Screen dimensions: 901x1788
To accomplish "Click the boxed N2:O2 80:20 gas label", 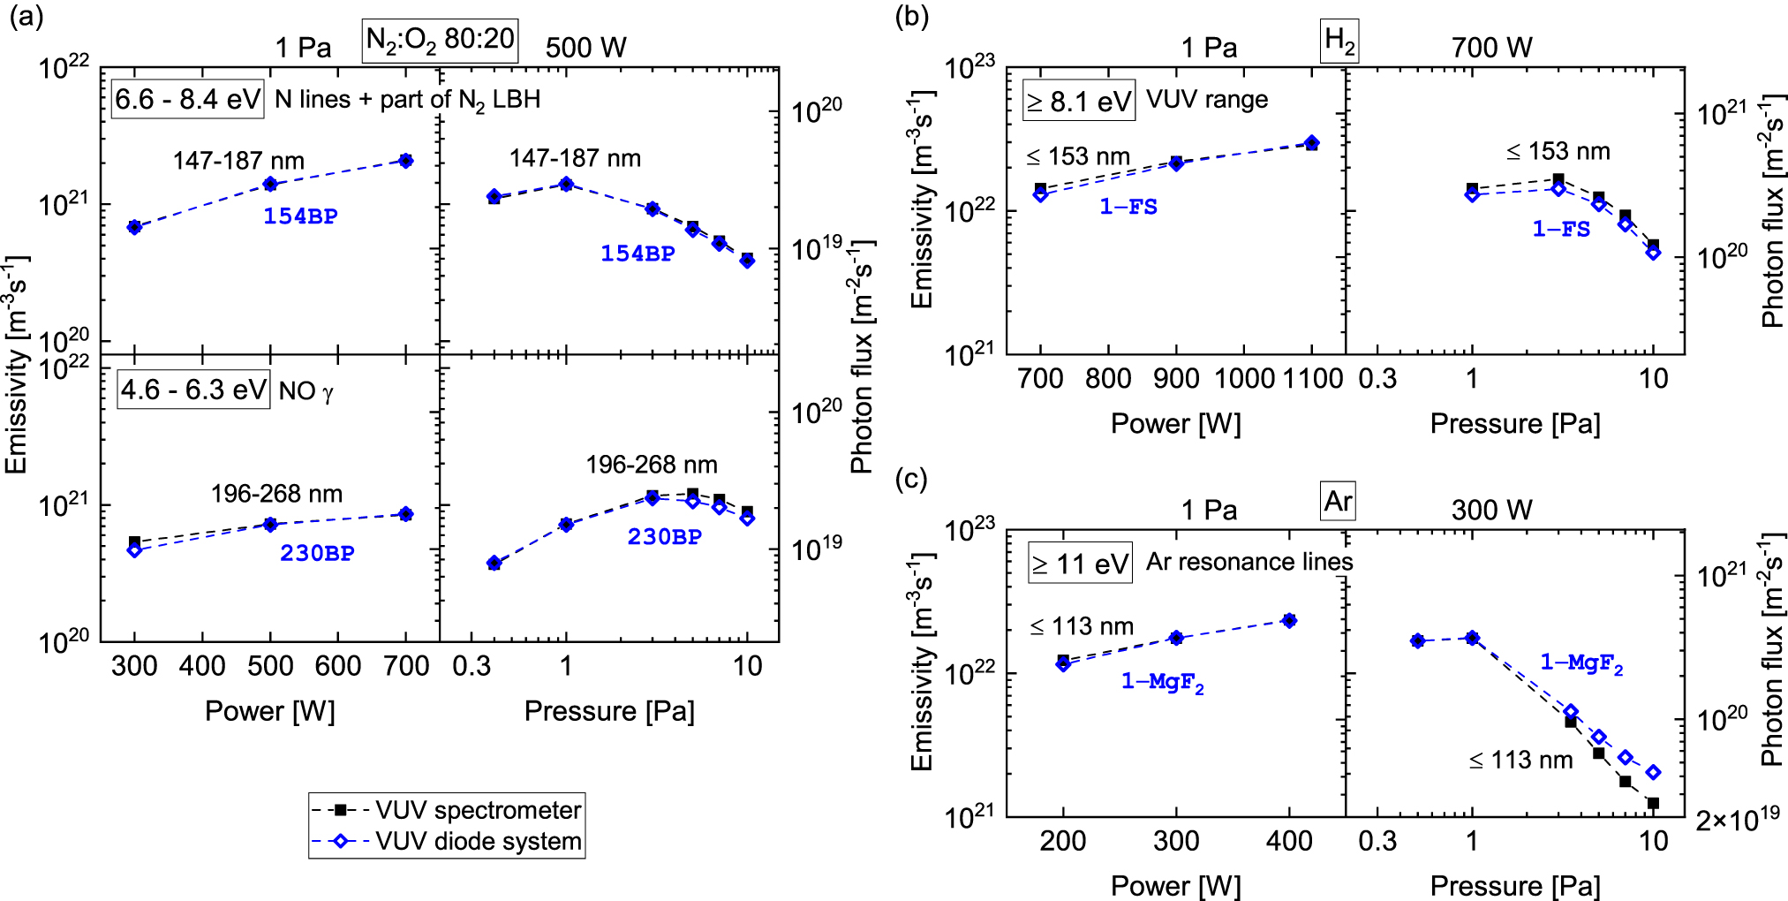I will point(440,41).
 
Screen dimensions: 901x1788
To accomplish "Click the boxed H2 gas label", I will point(1339,41).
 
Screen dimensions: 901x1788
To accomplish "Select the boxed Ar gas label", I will point(1338,501).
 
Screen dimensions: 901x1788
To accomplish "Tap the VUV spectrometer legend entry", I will point(447,809).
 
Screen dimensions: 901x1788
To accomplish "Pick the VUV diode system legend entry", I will point(447,841).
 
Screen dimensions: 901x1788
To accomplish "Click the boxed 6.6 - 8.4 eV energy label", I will point(188,99).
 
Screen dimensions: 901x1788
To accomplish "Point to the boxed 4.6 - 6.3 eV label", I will point(193,390).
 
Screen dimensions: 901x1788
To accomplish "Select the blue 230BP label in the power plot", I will point(317,554).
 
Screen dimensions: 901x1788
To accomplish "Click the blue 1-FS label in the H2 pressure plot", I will point(1561,230).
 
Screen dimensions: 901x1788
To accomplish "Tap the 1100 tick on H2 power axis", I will point(1312,379).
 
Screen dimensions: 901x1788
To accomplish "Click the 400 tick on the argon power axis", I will point(1289,840).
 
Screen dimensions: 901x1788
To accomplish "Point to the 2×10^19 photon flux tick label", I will point(1737,820).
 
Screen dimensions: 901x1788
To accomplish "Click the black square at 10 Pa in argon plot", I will point(1653,803).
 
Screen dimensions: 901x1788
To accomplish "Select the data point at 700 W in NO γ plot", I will point(406,514).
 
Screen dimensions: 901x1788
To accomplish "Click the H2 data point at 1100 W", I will point(1312,143).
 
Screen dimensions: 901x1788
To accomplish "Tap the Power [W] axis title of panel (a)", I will point(269,711).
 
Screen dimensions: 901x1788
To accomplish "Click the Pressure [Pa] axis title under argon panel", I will point(1514,886).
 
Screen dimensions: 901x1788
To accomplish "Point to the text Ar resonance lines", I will point(1249,563).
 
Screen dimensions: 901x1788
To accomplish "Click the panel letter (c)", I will point(911,479).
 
